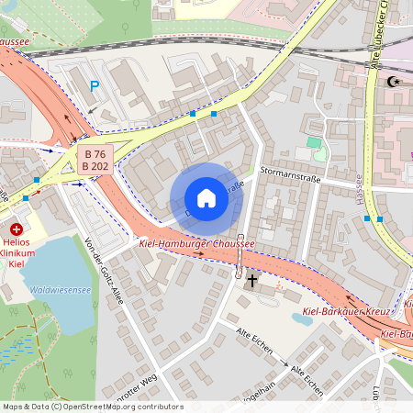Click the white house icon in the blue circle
(x=206, y=198)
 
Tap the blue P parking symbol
(x=94, y=87)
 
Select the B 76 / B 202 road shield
(x=93, y=160)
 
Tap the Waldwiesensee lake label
(x=60, y=289)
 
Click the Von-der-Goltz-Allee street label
(x=103, y=270)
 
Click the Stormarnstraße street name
(x=289, y=175)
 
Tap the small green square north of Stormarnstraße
(x=314, y=143)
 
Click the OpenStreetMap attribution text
(x=93, y=407)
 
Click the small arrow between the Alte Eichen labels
(x=285, y=364)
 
